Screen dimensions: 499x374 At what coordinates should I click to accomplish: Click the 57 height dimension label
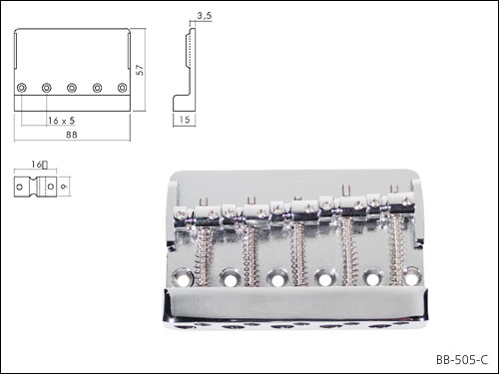coord(140,70)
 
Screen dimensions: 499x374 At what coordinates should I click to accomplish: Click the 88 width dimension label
coord(72,135)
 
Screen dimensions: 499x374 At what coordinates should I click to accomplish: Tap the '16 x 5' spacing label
coord(61,121)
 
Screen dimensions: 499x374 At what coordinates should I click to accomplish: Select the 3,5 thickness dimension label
coord(204,15)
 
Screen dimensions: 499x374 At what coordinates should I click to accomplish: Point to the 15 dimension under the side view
coord(185,120)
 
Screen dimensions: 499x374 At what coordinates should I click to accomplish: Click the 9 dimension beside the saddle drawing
coord(64,187)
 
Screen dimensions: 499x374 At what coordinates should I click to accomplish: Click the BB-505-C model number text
coord(462,360)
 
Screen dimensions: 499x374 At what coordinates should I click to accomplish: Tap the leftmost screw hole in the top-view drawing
coord(22,88)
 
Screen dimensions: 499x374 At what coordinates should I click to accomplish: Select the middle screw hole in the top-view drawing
coord(72,88)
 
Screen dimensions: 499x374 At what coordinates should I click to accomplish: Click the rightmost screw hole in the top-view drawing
coord(123,88)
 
